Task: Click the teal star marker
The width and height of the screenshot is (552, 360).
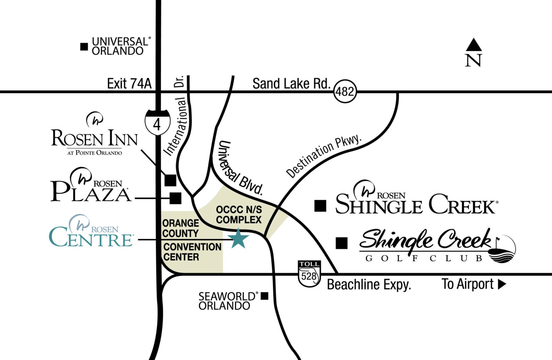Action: pos(239,239)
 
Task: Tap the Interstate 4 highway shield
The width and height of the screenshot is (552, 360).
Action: pos(157,123)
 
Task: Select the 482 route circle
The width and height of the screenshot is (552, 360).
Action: pos(345,91)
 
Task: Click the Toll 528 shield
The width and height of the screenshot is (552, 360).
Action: pos(309,273)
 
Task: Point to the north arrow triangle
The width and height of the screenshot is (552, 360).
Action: pos(474,45)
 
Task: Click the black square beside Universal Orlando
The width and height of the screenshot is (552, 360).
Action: pos(84,47)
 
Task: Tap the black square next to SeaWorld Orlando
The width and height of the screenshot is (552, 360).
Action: pos(264,296)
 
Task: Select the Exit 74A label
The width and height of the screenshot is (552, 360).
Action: pos(129,84)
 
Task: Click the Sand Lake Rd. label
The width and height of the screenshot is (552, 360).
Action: pos(292,84)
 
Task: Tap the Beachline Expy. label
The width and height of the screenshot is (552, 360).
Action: pos(369,285)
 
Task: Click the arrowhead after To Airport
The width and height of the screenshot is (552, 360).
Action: pos(502,284)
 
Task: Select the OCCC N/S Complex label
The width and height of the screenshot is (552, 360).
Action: pos(239,214)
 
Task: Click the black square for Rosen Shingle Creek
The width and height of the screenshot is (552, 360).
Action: pos(320,206)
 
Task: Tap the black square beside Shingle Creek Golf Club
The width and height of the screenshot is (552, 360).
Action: pos(342,243)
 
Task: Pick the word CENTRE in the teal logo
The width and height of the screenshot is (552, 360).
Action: pos(91,239)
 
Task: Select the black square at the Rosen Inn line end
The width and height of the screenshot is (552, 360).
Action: pos(170,180)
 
